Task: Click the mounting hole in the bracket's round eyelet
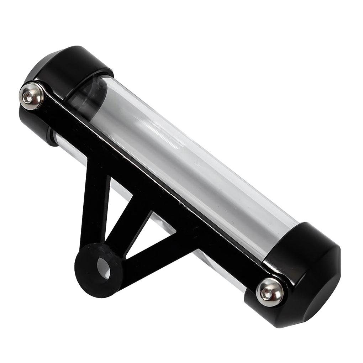pos(104,266)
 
